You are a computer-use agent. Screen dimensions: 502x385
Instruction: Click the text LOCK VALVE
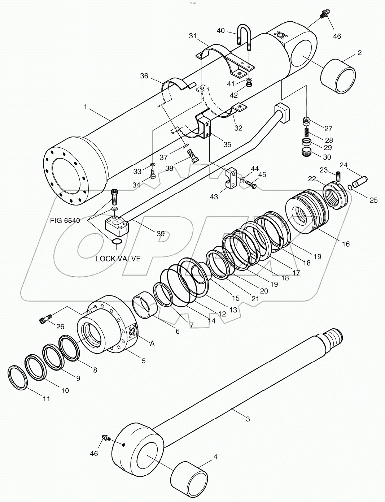[118, 259]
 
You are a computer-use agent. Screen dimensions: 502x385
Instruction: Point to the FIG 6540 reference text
[65, 220]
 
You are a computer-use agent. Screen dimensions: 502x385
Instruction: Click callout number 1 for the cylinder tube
[85, 107]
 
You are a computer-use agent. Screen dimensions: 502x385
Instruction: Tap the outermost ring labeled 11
[17, 377]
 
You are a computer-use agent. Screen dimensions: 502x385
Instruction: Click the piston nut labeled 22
[336, 196]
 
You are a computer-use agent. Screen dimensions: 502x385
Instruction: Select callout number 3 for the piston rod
[248, 419]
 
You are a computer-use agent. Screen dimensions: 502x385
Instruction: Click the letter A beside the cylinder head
[152, 343]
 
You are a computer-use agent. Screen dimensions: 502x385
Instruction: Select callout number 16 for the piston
[345, 244]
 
